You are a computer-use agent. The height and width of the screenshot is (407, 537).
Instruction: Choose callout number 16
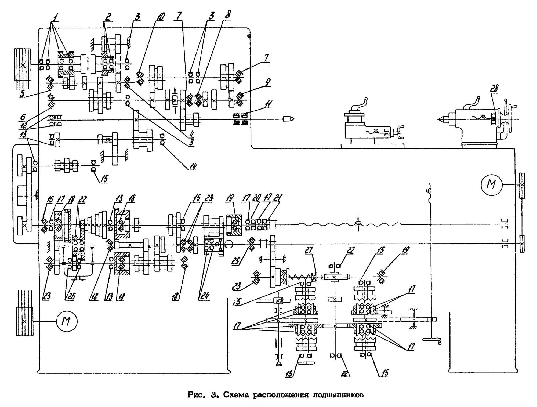[x=50, y=199]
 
